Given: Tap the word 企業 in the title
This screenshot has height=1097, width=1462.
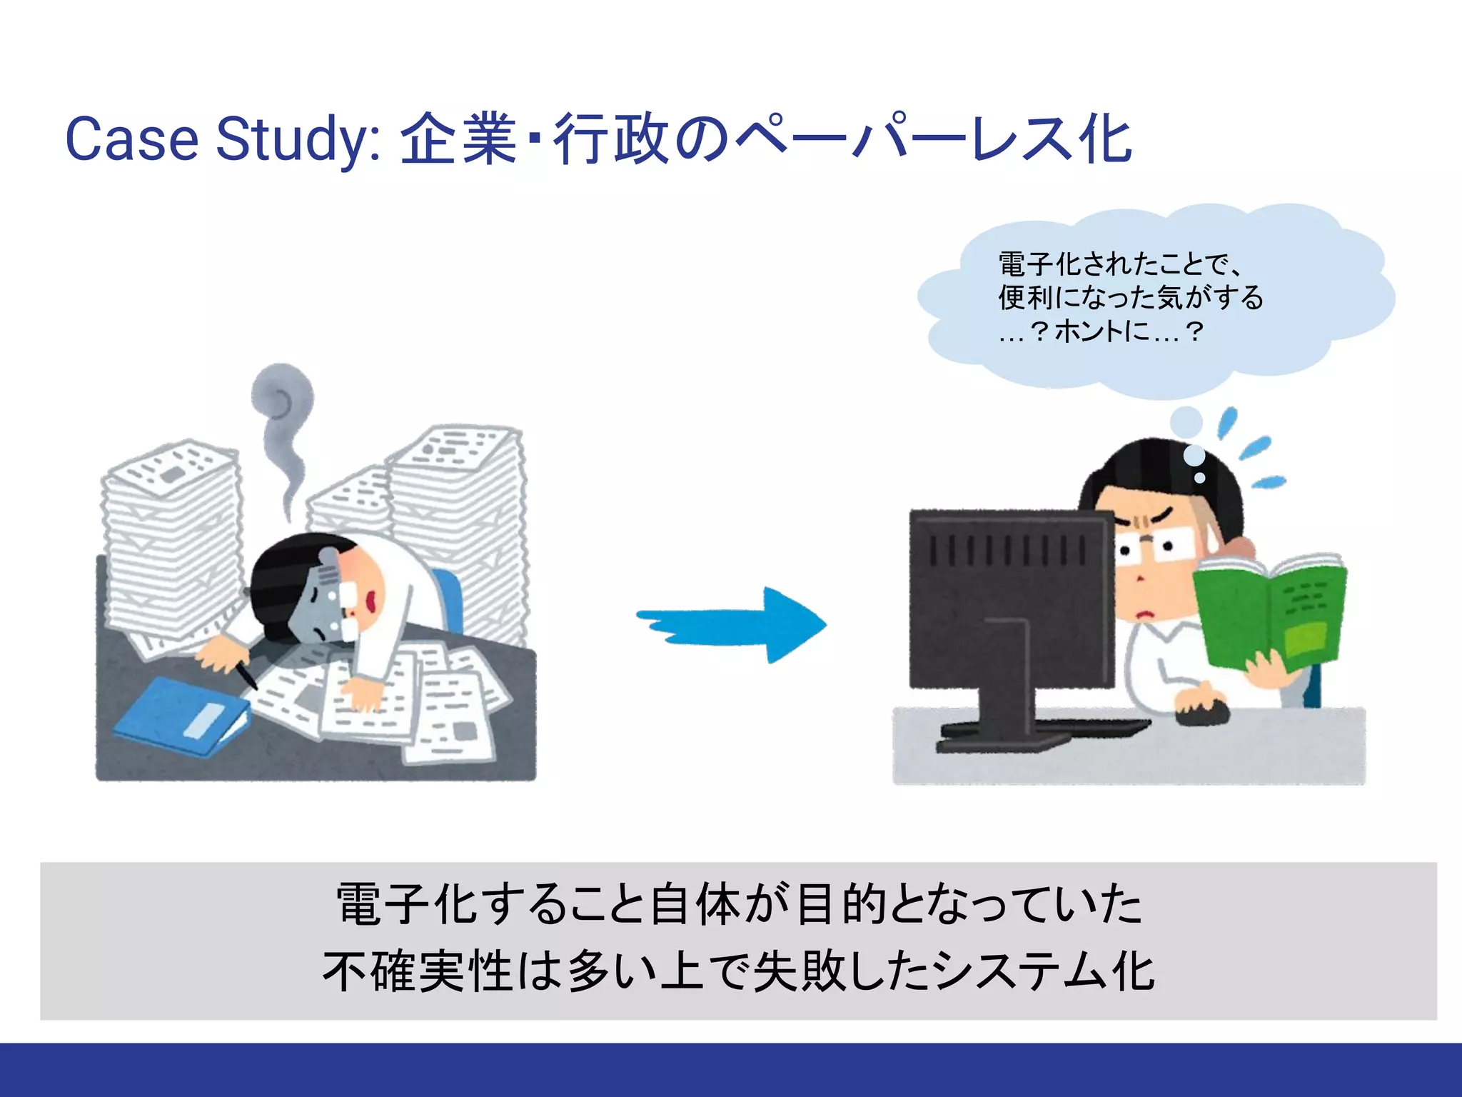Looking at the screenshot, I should click(458, 139).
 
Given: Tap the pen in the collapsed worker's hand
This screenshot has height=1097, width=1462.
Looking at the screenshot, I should click(246, 675).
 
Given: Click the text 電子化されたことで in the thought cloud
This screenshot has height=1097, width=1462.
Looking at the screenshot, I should click(1117, 264).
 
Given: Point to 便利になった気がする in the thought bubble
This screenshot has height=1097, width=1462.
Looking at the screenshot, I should click(1130, 298).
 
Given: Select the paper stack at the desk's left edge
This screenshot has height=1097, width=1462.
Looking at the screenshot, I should click(170, 543).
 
